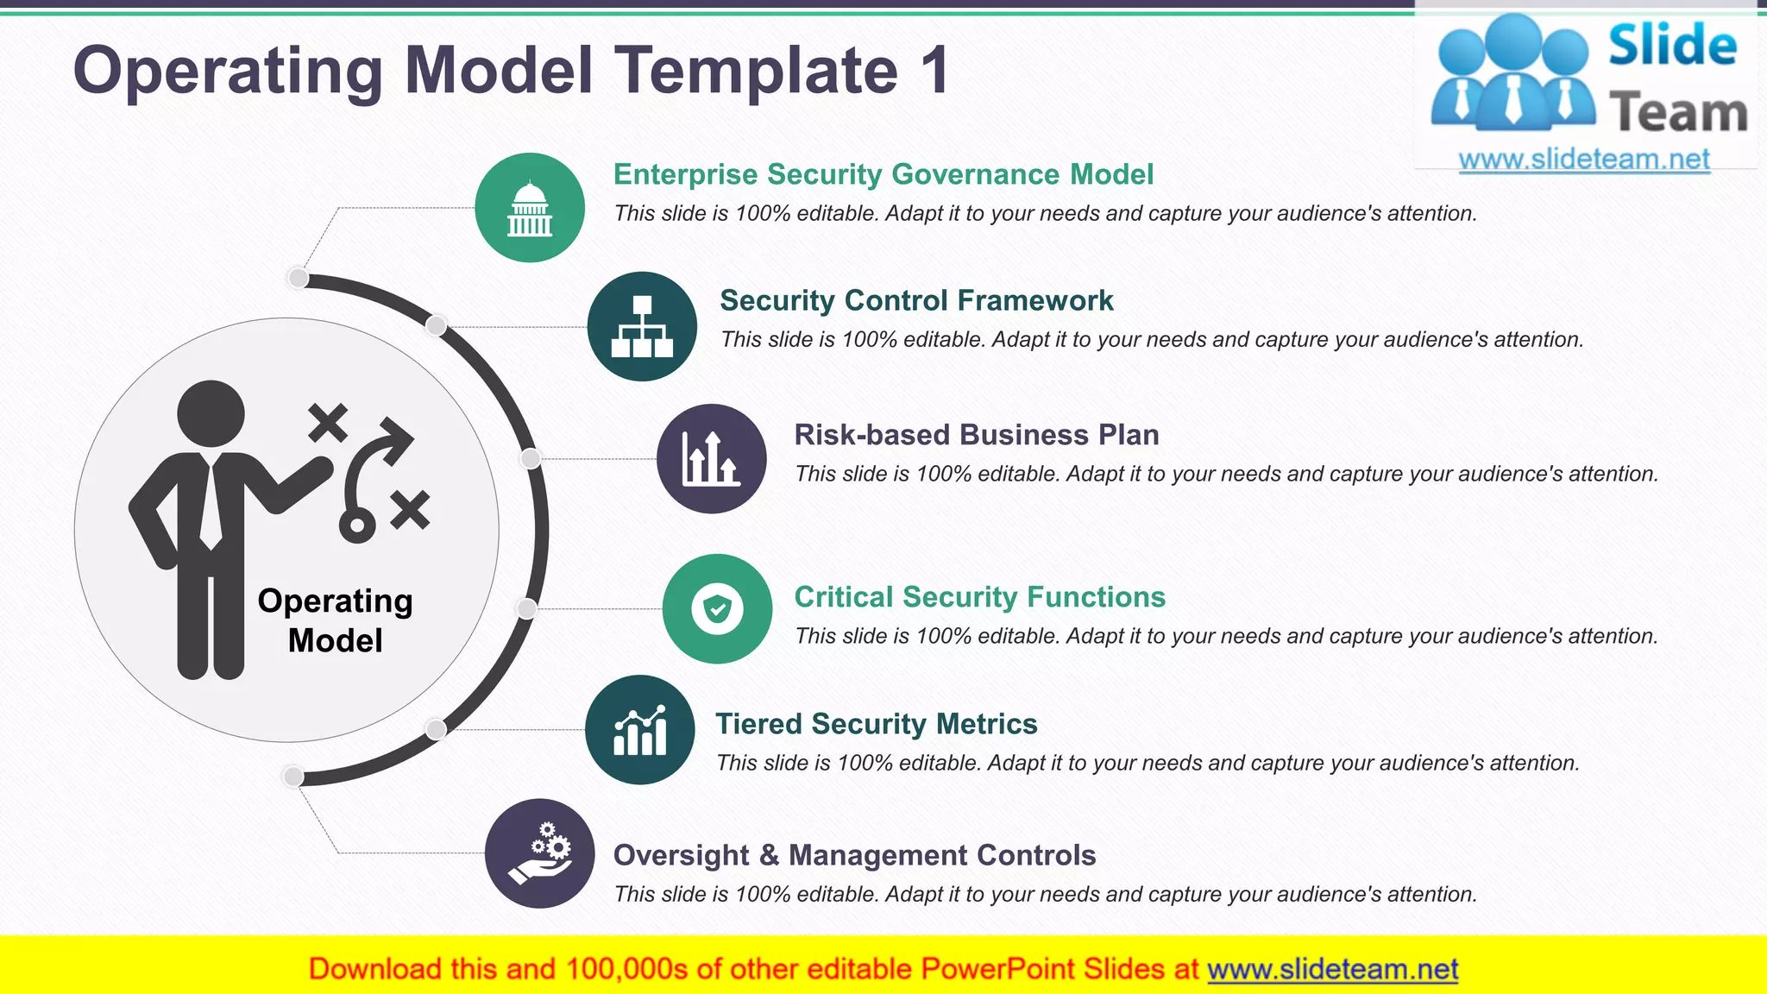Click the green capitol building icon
pyautogui.click(x=530, y=208)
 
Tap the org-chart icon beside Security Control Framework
pyautogui.click(x=642, y=326)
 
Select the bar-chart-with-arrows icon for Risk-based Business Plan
pyautogui.click(x=711, y=459)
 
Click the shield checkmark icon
pyautogui.click(x=717, y=609)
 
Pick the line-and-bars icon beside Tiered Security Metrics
pyautogui.click(x=639, y=730)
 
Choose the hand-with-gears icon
pyautogui.click(x=540, y=853)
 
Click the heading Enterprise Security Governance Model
pyautogui.click(x=883, y=174)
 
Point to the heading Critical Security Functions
pyautogui.click(x=979, y=597)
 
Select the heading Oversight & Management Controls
pyautogui.click(x=854, y=855)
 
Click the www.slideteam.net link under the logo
pyautogui.click(x=1583, y=160)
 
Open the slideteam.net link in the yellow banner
pyautogui.click(x=1332, y=969)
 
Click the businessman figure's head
pyautogui.click(x=211, y=413)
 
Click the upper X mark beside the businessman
pyautogui.click(x=328, y=423)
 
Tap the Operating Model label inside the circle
pyautogui.click(x=335, y=620)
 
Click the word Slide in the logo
pyautogui.click(x=1672, y=46)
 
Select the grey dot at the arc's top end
pyautogui.click(x=298, y=278)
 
